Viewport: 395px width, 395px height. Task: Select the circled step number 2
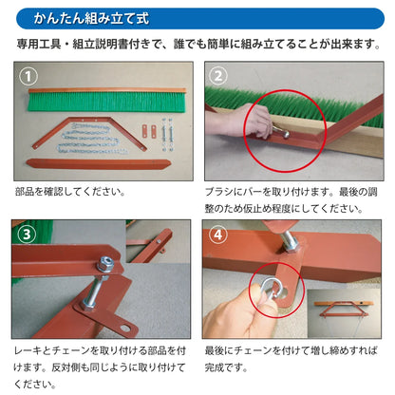pos(218,75)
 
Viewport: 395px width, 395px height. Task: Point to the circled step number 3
pos(27,232)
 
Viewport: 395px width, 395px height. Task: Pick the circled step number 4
pos(218,232)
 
